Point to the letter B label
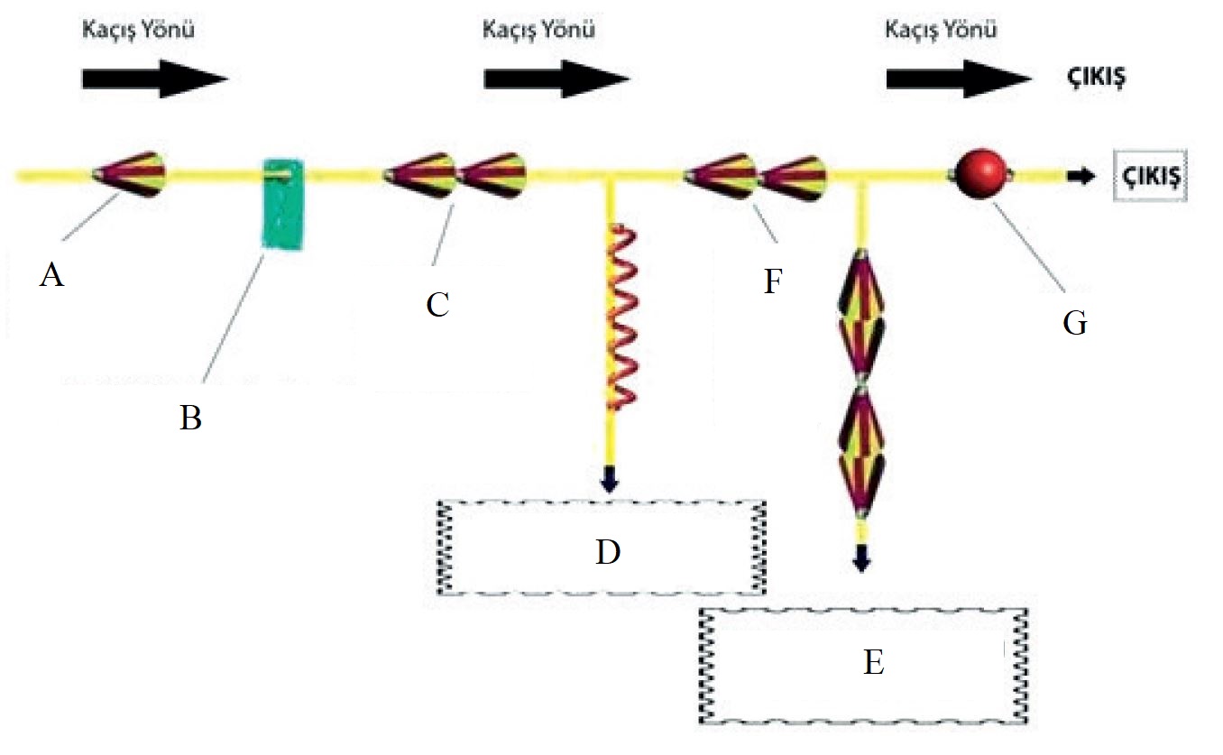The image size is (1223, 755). [x=189, y=419]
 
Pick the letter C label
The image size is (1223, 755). [x=437, y=305]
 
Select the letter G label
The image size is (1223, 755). [x=1074, y=321]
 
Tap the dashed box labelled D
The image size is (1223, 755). [x=602, y=548]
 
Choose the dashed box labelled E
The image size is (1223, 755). [x=864, y=665]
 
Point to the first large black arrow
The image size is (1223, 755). [x=154, y=78]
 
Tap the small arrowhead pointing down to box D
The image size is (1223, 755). [x=610, y=482]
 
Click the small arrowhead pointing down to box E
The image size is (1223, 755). [x=862, y=559]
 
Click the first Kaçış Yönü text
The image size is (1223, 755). [x=137, y=30]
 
